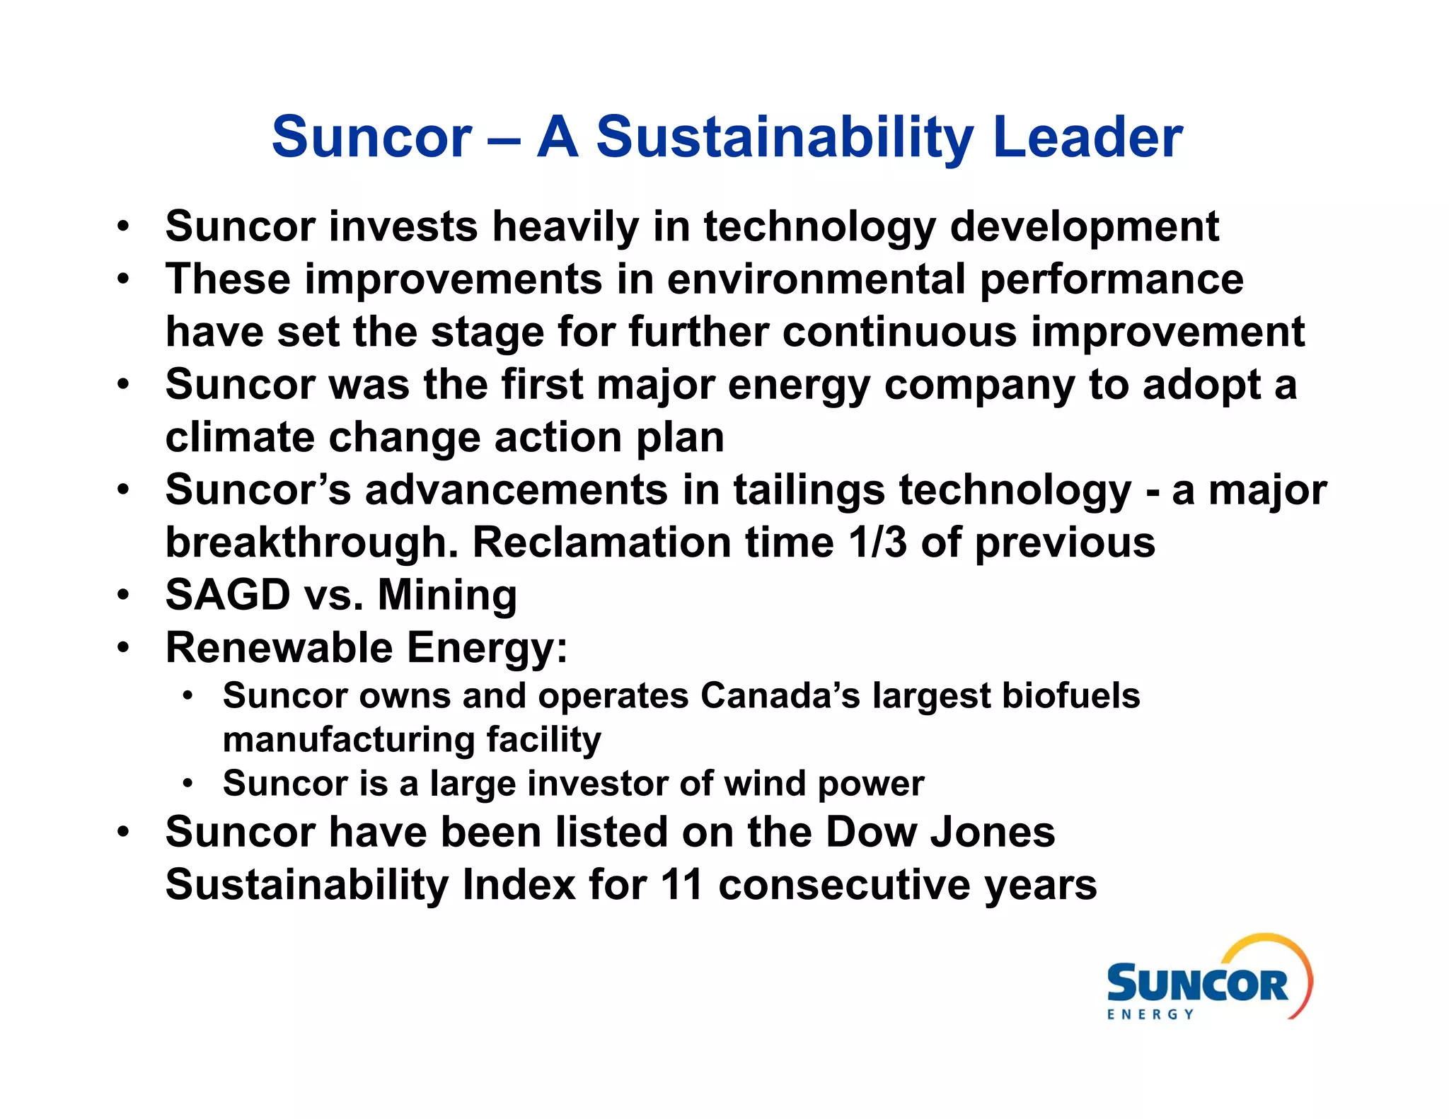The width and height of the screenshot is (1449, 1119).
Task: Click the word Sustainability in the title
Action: coord(785,137)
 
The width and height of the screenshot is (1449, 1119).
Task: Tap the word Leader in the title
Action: coord(1087,137)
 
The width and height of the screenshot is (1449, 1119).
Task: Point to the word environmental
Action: coord(816,279)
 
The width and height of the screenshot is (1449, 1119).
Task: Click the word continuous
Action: coord(899,332)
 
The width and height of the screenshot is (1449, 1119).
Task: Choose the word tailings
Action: coord(809,490)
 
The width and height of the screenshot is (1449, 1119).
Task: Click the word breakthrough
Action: coord(311,543)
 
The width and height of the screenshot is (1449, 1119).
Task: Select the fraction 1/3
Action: coord(877,543)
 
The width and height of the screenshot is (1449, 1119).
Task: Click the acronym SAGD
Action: coord(227,595)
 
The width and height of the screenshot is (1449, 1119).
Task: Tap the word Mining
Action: coord(447,595)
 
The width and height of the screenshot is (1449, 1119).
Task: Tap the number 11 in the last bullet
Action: coord(682,885)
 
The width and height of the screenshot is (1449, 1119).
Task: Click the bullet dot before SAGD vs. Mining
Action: coord(124,596)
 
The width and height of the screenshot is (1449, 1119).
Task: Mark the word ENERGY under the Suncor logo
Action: coord(1150,1014)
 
